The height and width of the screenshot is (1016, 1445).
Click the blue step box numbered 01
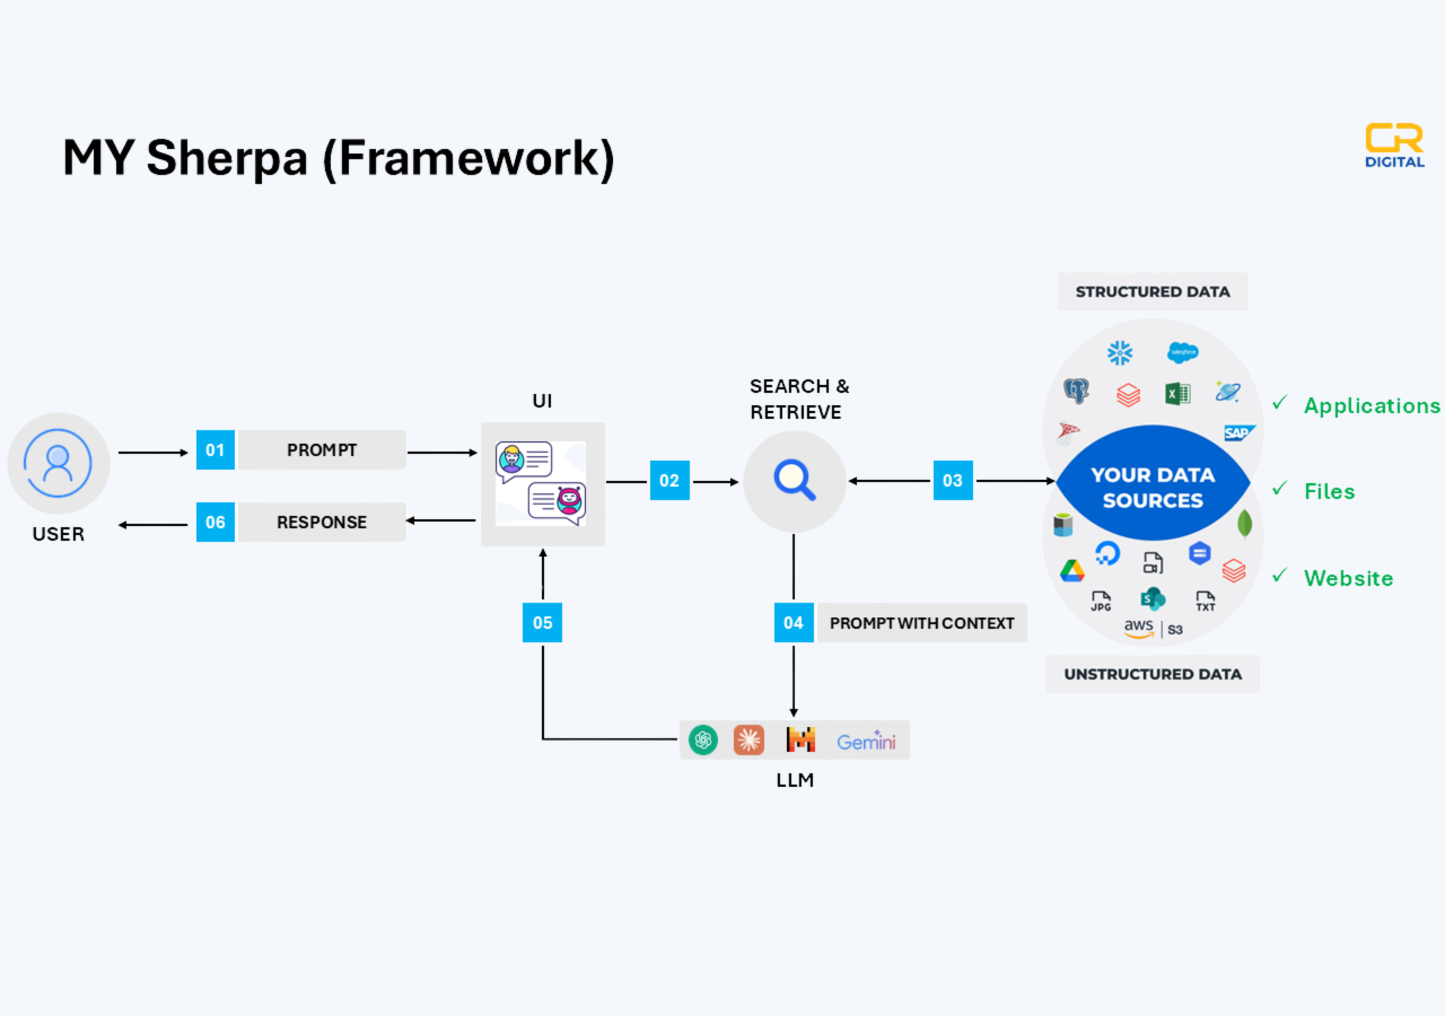tap(215, 450)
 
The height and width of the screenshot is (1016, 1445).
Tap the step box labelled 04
tap(794, 623)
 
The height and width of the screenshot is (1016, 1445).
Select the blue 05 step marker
tap(542, 623)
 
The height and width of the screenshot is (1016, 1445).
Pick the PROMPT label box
tap(322, 450)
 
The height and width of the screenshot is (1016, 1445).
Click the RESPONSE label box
tap(322, 522)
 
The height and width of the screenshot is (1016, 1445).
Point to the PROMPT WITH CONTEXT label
tap(921, 623)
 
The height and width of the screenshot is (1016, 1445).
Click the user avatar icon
tap(58, 463)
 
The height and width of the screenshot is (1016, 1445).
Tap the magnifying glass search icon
tap(795, 480)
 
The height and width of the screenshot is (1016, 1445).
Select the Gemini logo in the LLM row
tap(865, 742)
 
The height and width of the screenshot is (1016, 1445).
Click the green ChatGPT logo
tap(703, 739)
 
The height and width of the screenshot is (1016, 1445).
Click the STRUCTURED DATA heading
tap(1153, 291)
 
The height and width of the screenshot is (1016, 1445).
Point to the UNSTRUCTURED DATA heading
tap(1153, 674)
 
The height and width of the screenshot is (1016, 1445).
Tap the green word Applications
tap(1372, 406)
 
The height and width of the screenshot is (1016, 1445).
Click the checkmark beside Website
tap(1280, 575)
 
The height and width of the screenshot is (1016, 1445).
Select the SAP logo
tap(1238, 433)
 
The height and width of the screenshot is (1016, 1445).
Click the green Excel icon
tap(1177, 394)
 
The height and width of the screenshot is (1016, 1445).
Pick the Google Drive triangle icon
tap(1072, 571)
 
